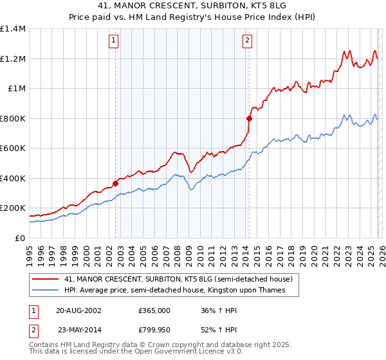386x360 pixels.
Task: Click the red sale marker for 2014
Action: (249, 118)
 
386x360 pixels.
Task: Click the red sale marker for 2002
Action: (116, 183)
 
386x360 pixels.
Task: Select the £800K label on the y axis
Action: (13, 118)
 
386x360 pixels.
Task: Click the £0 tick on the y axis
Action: (21, 238)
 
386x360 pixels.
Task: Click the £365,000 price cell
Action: (154, 310)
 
